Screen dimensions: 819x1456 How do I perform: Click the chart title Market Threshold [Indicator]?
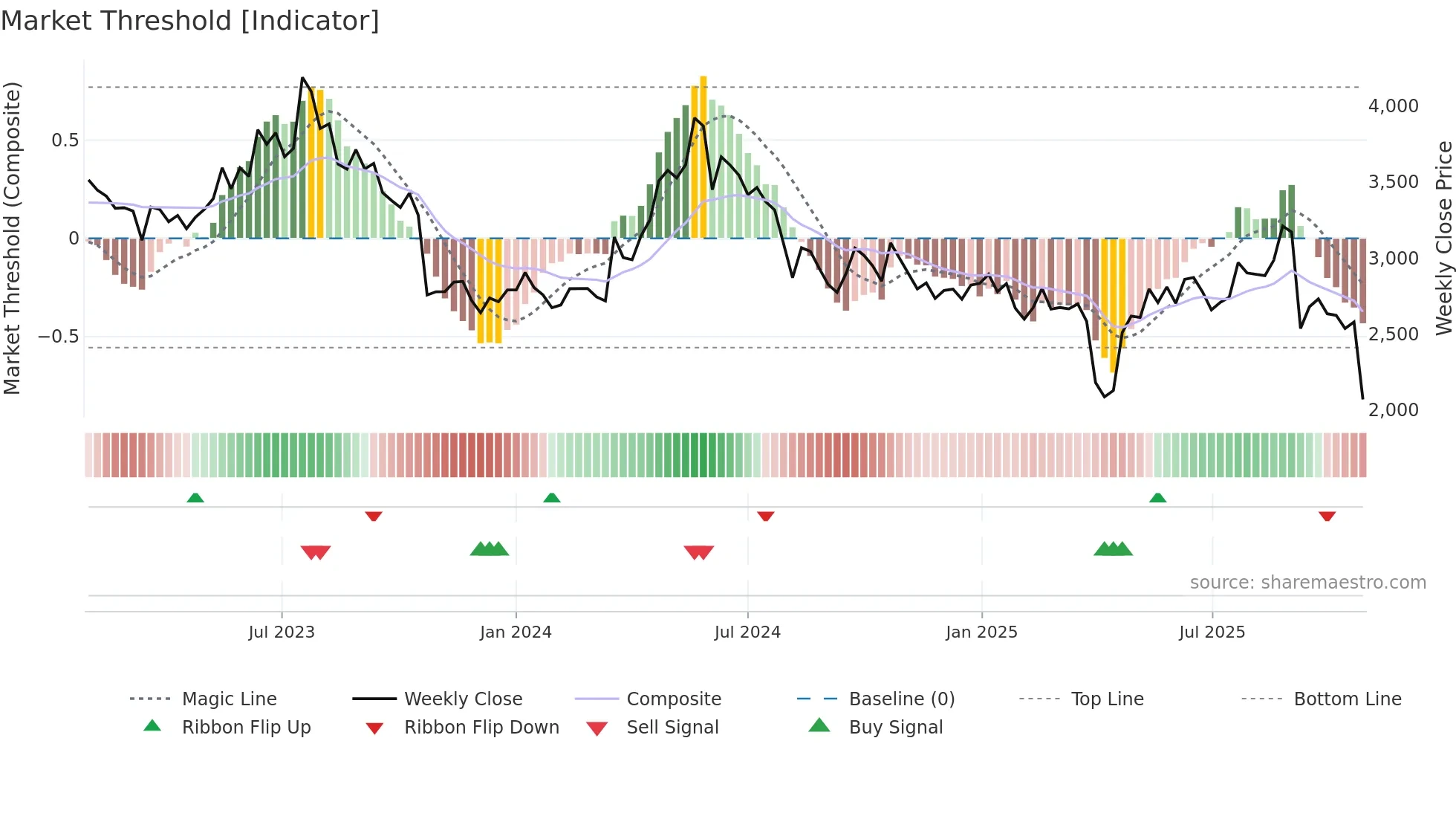point(190,21)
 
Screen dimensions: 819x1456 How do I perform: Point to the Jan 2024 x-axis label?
point(516,632)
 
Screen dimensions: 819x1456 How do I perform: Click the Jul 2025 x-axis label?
point(1212,632)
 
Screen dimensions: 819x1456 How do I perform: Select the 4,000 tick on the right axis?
point(1393,106)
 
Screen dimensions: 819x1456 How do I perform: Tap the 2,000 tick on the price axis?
point(1393,409)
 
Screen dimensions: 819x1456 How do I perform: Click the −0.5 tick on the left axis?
point(59,336)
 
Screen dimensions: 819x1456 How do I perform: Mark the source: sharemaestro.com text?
point(1307,582)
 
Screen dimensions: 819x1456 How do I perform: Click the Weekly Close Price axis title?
point(1443,238)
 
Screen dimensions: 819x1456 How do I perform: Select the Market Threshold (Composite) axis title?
point(12,238)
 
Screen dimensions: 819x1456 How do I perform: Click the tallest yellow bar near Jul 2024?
point(703,156)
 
